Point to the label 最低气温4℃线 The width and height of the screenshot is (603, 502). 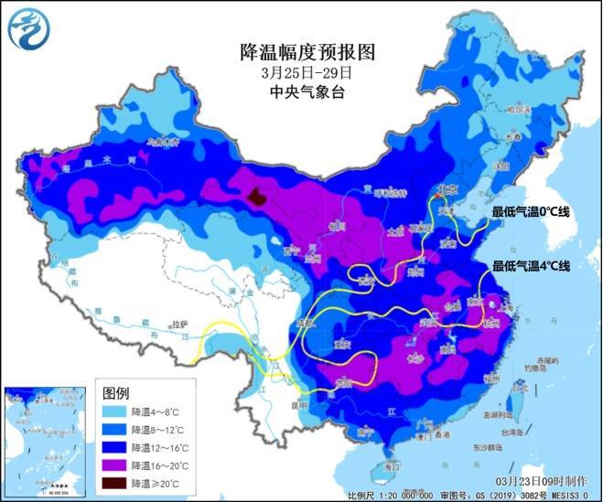[531, 266]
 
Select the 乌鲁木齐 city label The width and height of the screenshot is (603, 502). [165, 143]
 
